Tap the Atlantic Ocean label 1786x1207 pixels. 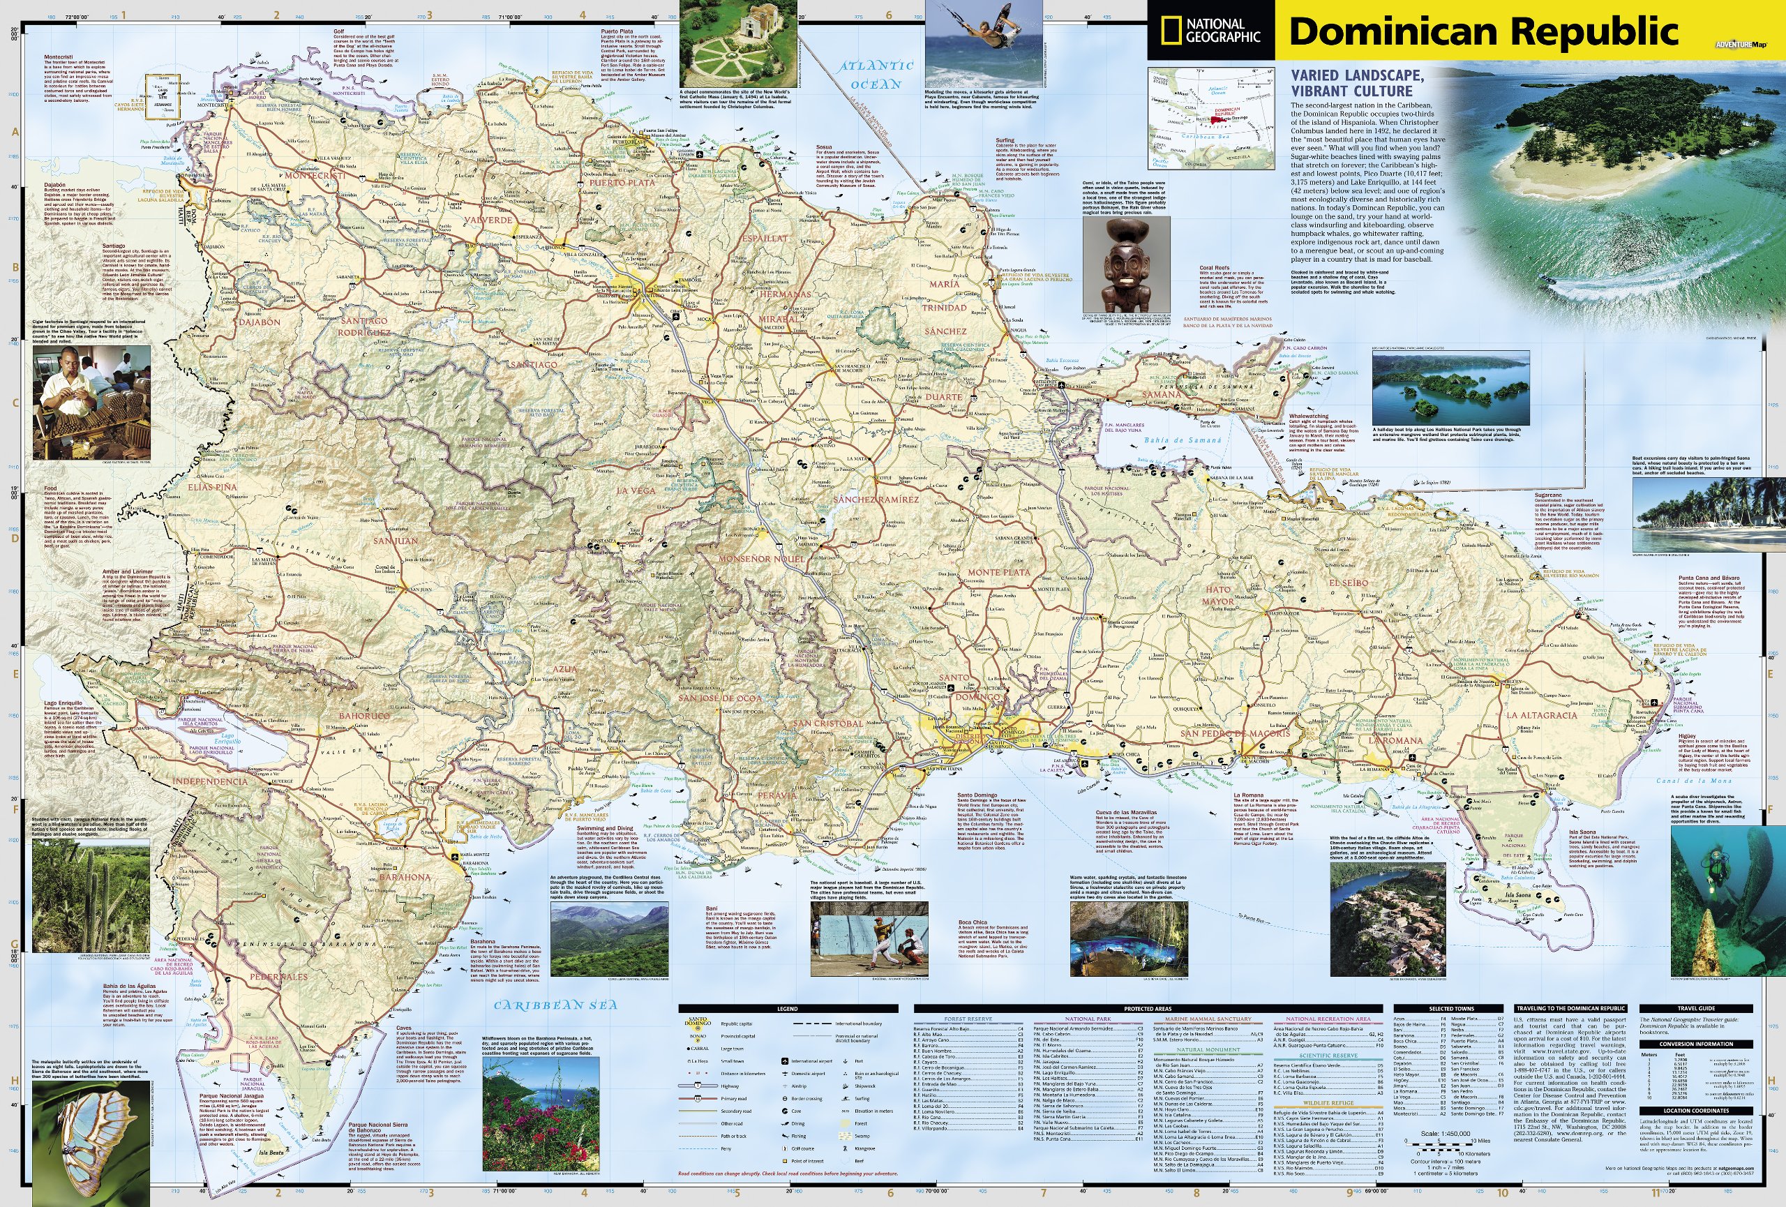(876, 75)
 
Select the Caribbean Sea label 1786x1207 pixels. (555, 1005)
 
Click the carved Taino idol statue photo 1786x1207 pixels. (1126, 264)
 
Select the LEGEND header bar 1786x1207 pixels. (787, 1009)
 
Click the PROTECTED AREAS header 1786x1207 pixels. (1148, 1009)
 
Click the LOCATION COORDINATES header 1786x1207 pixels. (1696, 1110)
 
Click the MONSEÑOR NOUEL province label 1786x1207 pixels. (761, 559)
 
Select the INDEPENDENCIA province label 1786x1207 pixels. (210, 781)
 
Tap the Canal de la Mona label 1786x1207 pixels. (1683, 781)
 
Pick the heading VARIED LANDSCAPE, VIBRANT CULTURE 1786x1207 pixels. (1356, 82)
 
